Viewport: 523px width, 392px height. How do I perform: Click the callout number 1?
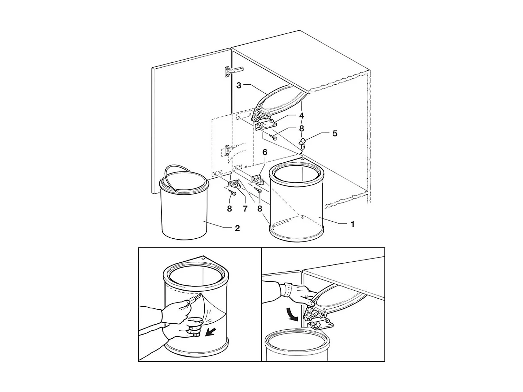(353, 224)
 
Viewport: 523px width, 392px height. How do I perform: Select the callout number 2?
(237, 228)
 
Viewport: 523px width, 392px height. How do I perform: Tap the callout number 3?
(239, 85)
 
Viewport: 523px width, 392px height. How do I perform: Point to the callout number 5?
(335, 133)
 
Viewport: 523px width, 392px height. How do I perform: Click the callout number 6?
(265, 152)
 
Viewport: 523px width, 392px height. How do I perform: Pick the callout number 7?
(245, 209)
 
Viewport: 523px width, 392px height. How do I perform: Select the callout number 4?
(301, 116)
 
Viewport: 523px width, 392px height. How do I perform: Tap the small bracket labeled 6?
(258, 180)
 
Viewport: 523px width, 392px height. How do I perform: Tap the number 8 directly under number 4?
(301, 128)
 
